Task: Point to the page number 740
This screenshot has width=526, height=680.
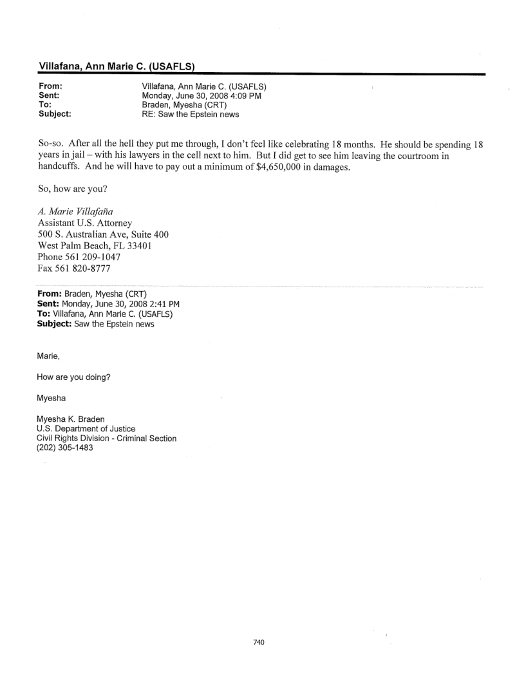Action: (x=259, y=624)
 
